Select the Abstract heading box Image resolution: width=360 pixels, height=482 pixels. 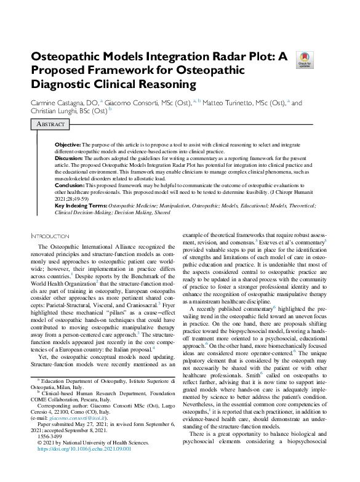pos(50,124)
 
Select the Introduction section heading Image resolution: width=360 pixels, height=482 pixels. pos(50,236)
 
